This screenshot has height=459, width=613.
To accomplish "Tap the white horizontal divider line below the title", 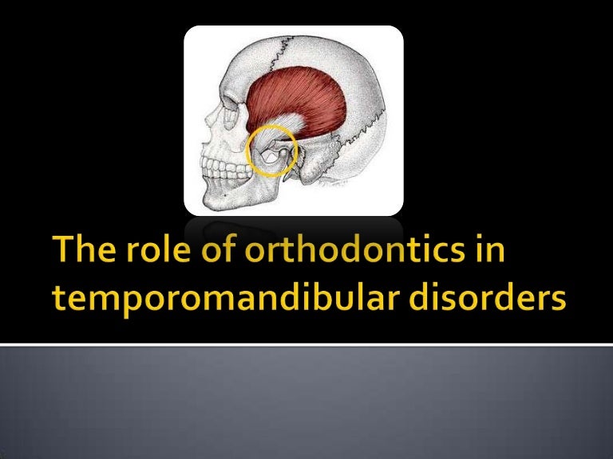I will coord(306,345).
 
